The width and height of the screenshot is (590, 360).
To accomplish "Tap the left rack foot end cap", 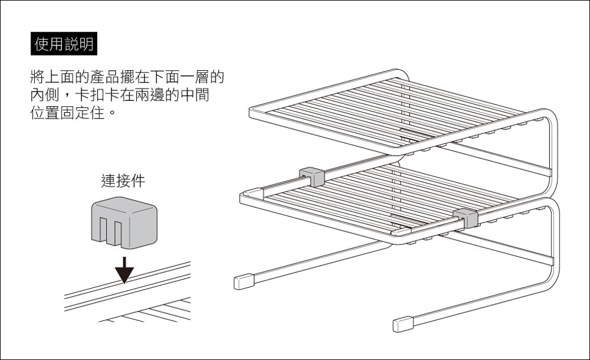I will (x=242, y=282).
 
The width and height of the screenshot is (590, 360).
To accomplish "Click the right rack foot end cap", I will (x=403, y=324).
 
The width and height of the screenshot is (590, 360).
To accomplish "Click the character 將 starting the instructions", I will (x=37, y=77).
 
